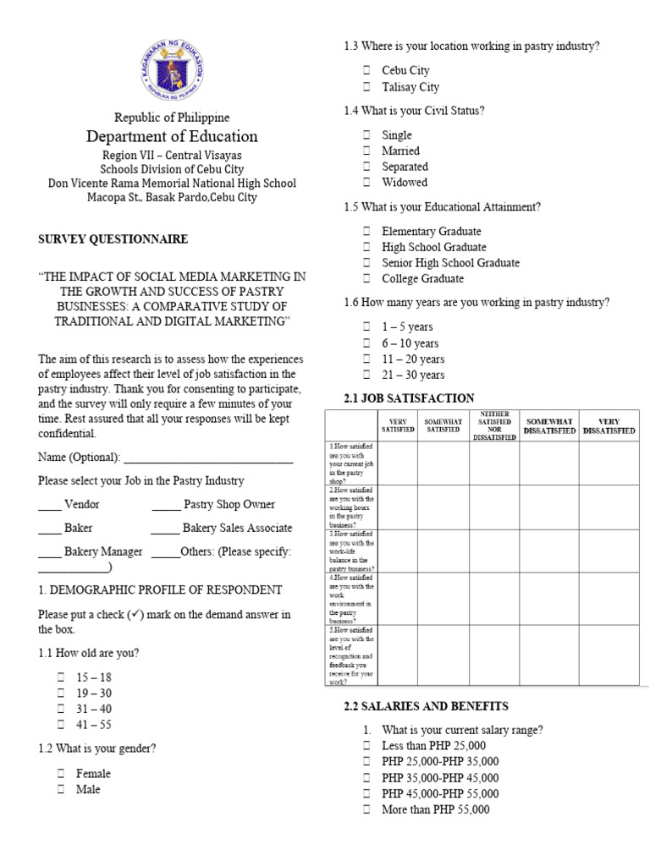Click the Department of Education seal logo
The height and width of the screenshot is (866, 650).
[171, 71]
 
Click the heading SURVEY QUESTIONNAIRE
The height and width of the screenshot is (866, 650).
[113, 239]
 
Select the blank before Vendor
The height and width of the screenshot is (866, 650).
[50, 505]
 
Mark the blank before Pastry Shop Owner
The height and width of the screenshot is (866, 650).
[165, 505]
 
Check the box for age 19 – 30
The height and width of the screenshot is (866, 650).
[61, 693]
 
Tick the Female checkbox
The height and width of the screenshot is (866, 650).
[61, 773]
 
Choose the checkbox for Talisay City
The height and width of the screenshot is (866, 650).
[366, 87]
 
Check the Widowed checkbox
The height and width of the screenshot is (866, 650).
[366, 183]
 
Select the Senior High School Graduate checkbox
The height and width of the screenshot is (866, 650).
[366, 263]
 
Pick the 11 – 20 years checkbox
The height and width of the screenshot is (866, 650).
[366, 359]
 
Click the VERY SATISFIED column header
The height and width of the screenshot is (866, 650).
[398, 425]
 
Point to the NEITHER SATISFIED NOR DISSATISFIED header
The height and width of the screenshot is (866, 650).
[494, 425]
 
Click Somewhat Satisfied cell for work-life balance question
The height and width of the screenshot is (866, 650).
[443, 551]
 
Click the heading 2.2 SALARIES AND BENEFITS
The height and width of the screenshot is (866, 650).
[426, 706]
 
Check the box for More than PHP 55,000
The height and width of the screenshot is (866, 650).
[366, 810]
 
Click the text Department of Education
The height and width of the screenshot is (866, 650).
[172, 137]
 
